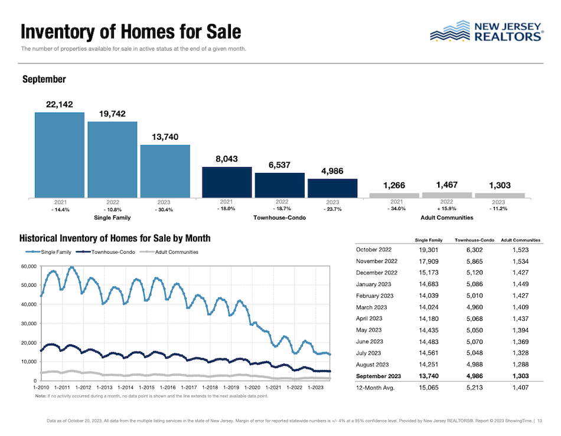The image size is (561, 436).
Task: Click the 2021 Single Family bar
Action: pyautogui.click(x=59, y=155)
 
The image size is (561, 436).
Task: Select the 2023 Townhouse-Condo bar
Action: pyautogui.click(x=332, y=188)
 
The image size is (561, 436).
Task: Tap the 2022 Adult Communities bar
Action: pyautogui.click(x=447, y=194)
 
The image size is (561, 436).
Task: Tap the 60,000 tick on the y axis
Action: pyautogui.click(x=28, y=267)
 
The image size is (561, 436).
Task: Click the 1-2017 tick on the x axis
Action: pyautogui.click(x=188, y=387)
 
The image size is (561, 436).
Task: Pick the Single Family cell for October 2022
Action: pyautogui.click(x=429, y=250)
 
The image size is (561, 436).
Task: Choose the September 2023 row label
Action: pyautogui.click(x=378, y=375)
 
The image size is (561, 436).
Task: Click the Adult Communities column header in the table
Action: pyautogui.click(x=520, y=240)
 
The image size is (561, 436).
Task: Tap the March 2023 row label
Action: pyautogui.click(x=372, y=307)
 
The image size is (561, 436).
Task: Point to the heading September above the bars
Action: pyautogui.click(x=43, y=79)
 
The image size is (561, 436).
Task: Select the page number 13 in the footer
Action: pyautogui.click(x=540, y=421)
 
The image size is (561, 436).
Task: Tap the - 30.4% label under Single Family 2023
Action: pyautogui.click(x=165, y=209)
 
